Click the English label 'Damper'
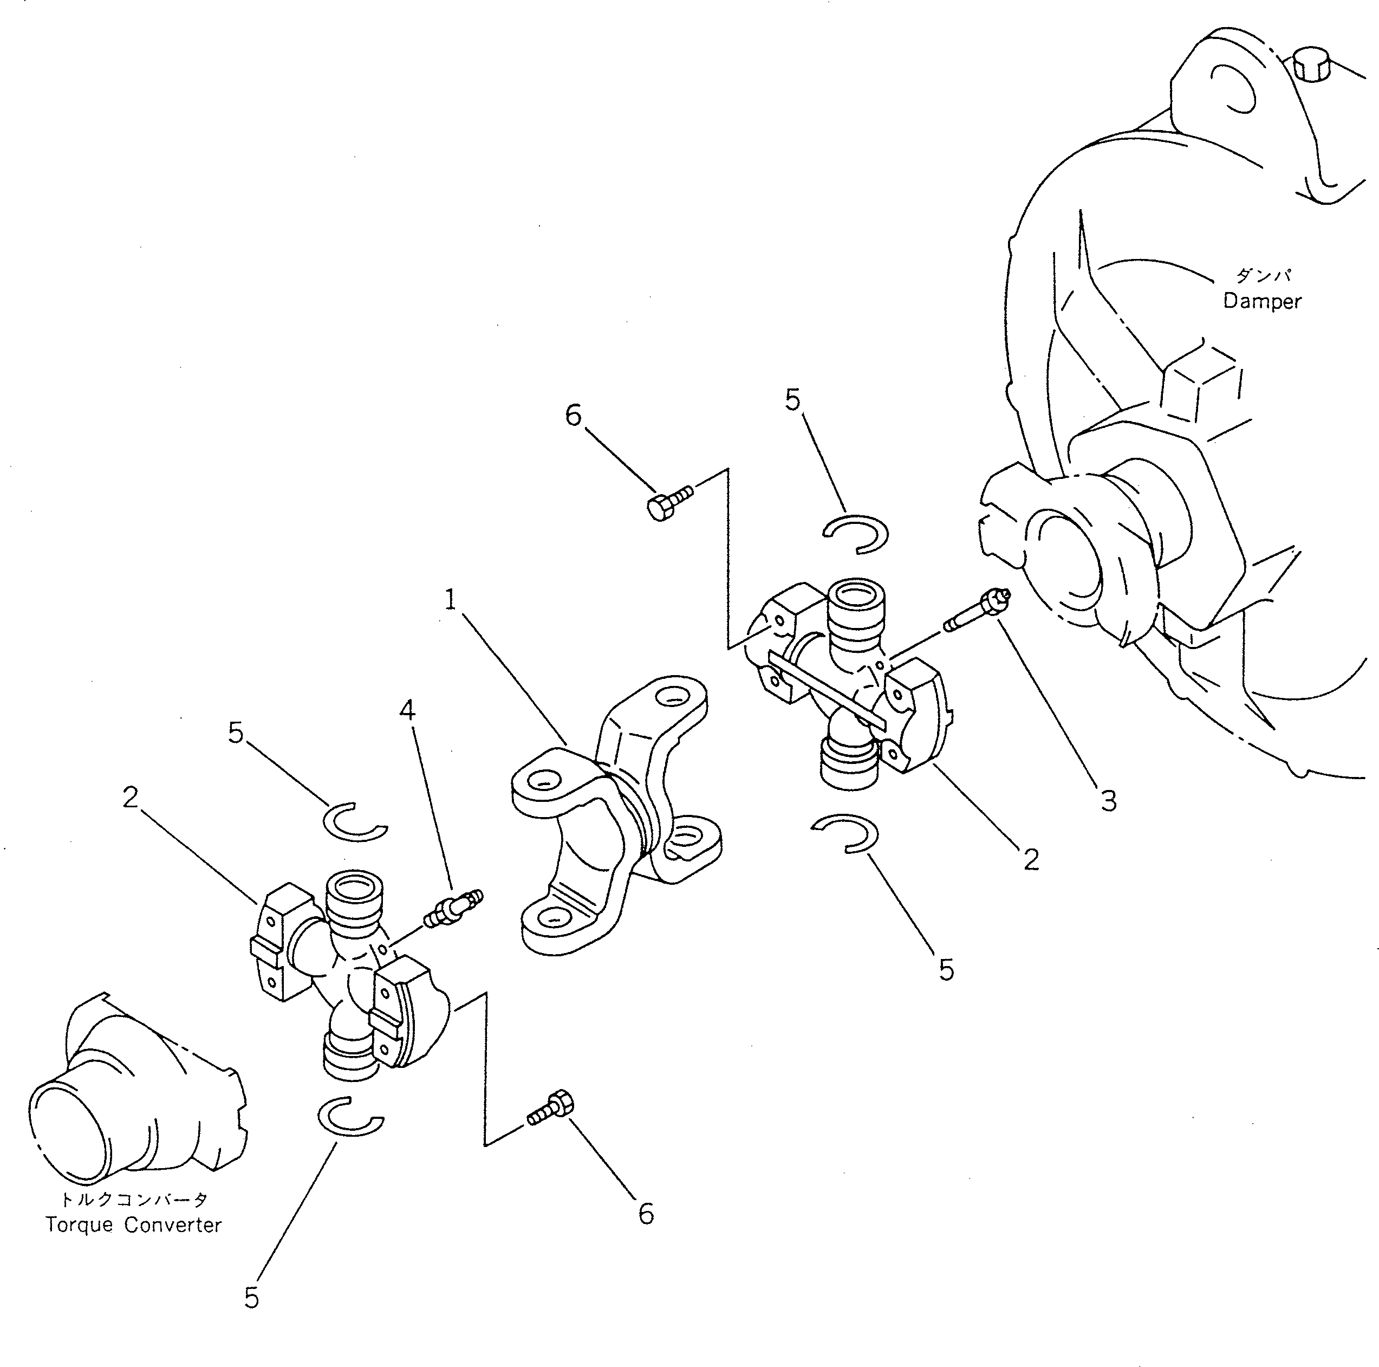pyautogui.click(x=1261, y=301)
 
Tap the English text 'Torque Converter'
pyautogui.click(x=133, y=1225)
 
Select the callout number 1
pyautogui.click(x=450, y=600)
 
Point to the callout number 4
pyautogui.click(x=407, y=710)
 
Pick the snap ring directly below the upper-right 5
pyautogui.click(x=856, y=534)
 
